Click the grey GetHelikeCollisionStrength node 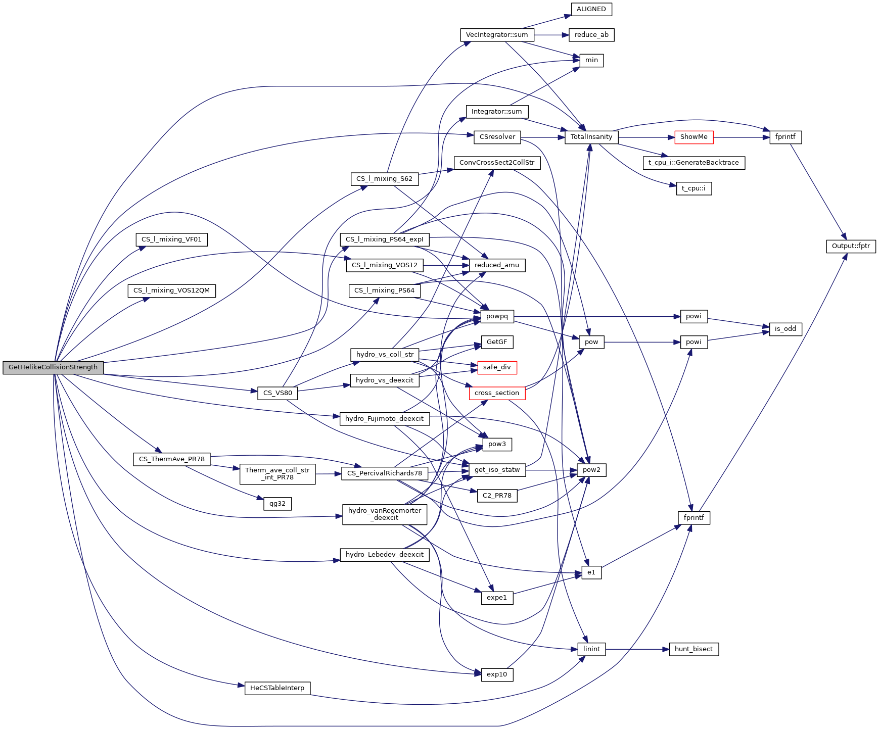point(53,367)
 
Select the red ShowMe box point(693,137)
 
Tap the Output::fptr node point(851,247)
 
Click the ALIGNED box point(591,9)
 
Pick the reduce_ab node point(591,35)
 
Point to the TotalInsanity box point(591,137)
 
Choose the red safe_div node point(496,367)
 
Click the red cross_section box point(496,393)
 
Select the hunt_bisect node point(693,649)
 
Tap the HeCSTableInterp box point(277,688)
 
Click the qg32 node point(277,504)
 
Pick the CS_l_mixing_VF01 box point(171,239)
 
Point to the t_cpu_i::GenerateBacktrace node point(693,163)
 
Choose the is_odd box point(785,329)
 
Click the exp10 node point(497,674)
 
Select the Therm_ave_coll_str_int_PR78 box point(277,474)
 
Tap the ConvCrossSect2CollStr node point(497,163)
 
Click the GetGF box point(497,342)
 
